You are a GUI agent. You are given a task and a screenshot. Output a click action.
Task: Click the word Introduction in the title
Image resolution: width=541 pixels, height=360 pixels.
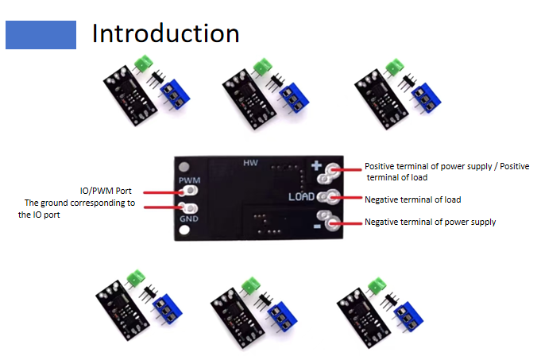pyautogui.click(x=165, y=33)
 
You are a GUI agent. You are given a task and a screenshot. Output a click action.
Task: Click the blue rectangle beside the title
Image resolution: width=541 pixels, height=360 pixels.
pyautogui.click(x=41, y=34)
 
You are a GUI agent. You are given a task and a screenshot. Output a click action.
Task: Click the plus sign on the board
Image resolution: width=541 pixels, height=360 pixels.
pyautogui.click(x=316, y=167)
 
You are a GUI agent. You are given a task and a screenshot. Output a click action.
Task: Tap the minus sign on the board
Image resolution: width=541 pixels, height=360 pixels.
pyautogui.click(x=315, y=226)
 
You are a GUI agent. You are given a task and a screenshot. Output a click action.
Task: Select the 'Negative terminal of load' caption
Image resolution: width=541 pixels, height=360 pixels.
pyautogui.click(x=412, y=199)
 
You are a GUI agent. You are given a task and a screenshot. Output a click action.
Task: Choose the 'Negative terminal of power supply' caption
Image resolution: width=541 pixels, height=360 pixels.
pyautogui.click(x=430, y=222)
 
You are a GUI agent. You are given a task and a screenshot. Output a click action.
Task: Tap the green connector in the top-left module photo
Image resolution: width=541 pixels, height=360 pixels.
pyautogui.click(x=144, y=63)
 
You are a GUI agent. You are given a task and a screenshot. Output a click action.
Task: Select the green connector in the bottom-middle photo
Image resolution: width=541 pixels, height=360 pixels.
pyautogui.click(x=252, y=285)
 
